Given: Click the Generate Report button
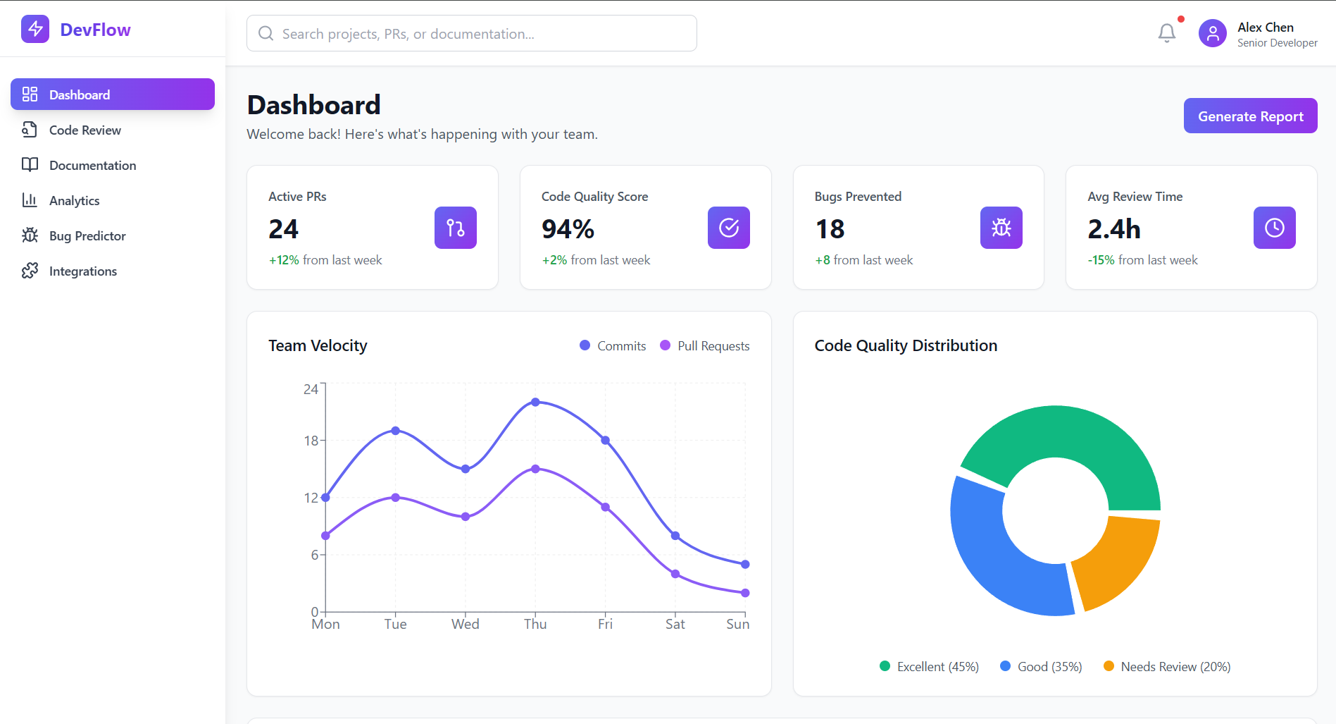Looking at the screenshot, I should pyautogui.click(x=1250, y=116).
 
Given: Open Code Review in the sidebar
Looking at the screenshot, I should pyautogui.click(x=85, y=130).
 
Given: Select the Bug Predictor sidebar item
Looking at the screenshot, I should pyautogui.click(x=87, y=236).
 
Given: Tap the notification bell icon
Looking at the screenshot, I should pyautogui.click(x=1166, y=32).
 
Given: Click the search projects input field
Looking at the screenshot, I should pyautogui.click(x=472, y=34).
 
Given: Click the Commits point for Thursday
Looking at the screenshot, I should pyautogui.click(x=535, y=402).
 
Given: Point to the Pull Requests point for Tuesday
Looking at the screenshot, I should pyautogui.click(x=395, y=498).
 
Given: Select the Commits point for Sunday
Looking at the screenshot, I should pyautogui.click(x=745, y=564).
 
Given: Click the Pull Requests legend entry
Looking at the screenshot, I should pyautogui.click(x=705, y=346).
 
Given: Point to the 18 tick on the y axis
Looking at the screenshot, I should pyautogui.click(x=311, y=441).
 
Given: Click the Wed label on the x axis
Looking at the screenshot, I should pyautogui.click(x=465, y=624).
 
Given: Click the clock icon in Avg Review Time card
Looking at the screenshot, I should pyautogui.click(x=1274, y=228).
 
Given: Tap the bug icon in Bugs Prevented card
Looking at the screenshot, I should pyautogui.click(x=1001, y=228).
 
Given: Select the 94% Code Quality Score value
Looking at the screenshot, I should pyautogui.click(x=568, y=229).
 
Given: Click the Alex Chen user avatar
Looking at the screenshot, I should pyautogui.click(x=1212, y=33).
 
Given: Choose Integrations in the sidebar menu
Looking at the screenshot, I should pyautogui.click(x=82, y=271).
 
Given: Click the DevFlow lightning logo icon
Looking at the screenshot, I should pyautogui.click(x=35, y=30).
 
